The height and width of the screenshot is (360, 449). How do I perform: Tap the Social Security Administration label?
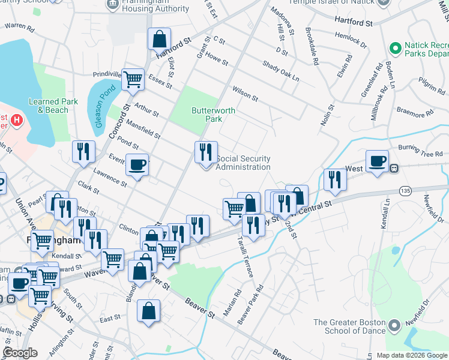click(243, 163)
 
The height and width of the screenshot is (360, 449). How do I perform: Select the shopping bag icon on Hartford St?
click(159, 40)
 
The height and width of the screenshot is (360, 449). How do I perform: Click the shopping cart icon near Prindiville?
click(133, 79)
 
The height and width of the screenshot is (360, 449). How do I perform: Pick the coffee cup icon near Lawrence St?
click(137, 165)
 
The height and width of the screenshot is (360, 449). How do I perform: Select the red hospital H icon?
click(17, 120)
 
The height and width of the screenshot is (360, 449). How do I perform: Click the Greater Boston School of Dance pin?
click(394, 326)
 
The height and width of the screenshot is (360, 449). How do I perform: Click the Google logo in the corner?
click(20, 353)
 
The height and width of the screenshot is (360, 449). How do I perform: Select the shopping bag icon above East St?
click(148, 311)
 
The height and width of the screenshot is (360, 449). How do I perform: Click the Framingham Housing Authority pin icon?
click(112, 5)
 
